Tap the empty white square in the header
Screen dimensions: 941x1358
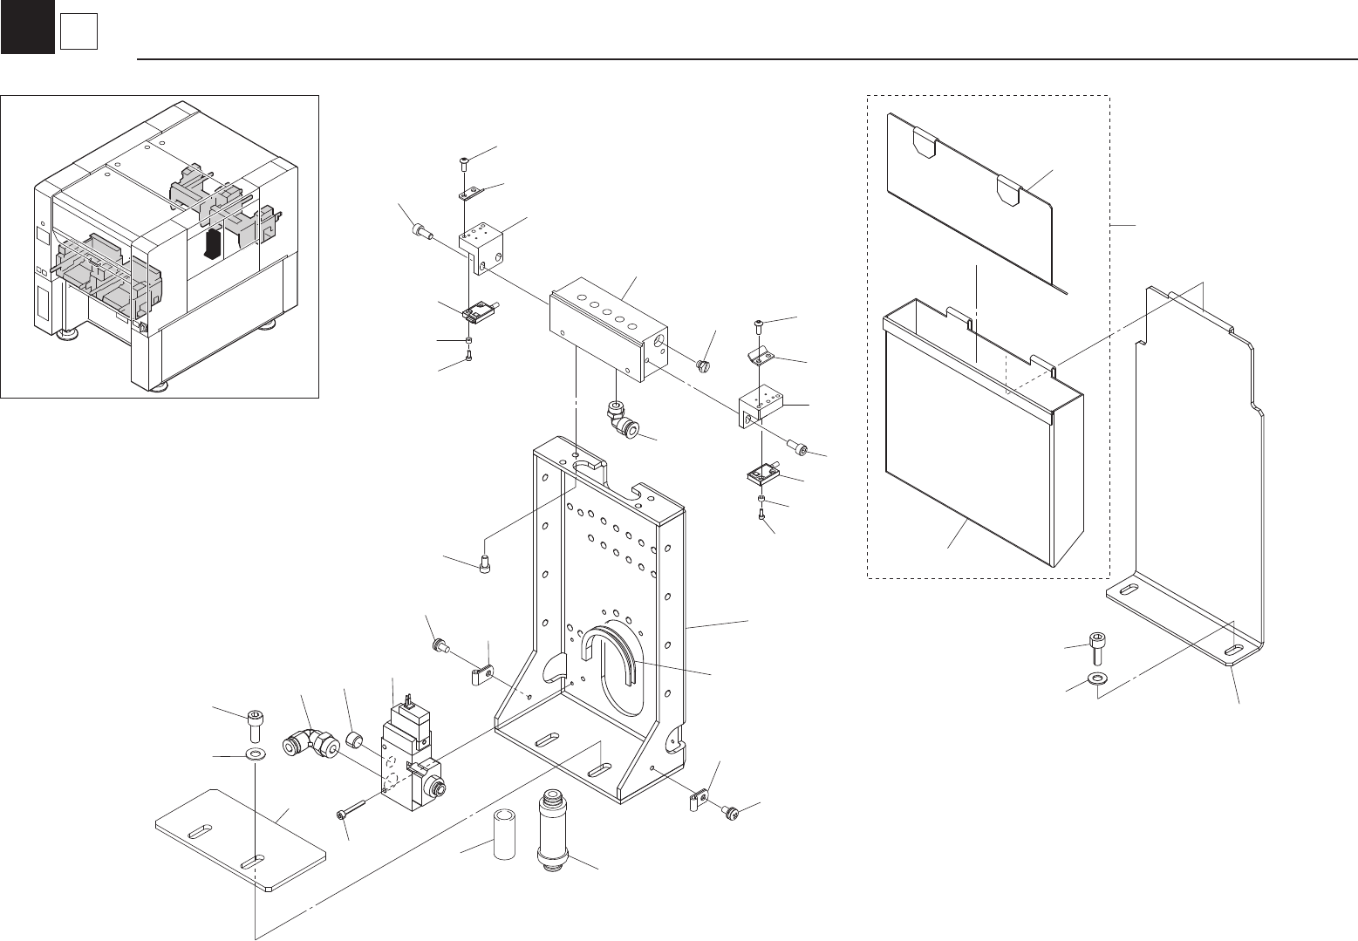tap(78, 33)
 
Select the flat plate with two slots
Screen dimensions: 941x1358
tap(241, 841)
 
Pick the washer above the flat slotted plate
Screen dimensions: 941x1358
tap(255, 753)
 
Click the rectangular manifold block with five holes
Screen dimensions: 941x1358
tap(610, 329)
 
